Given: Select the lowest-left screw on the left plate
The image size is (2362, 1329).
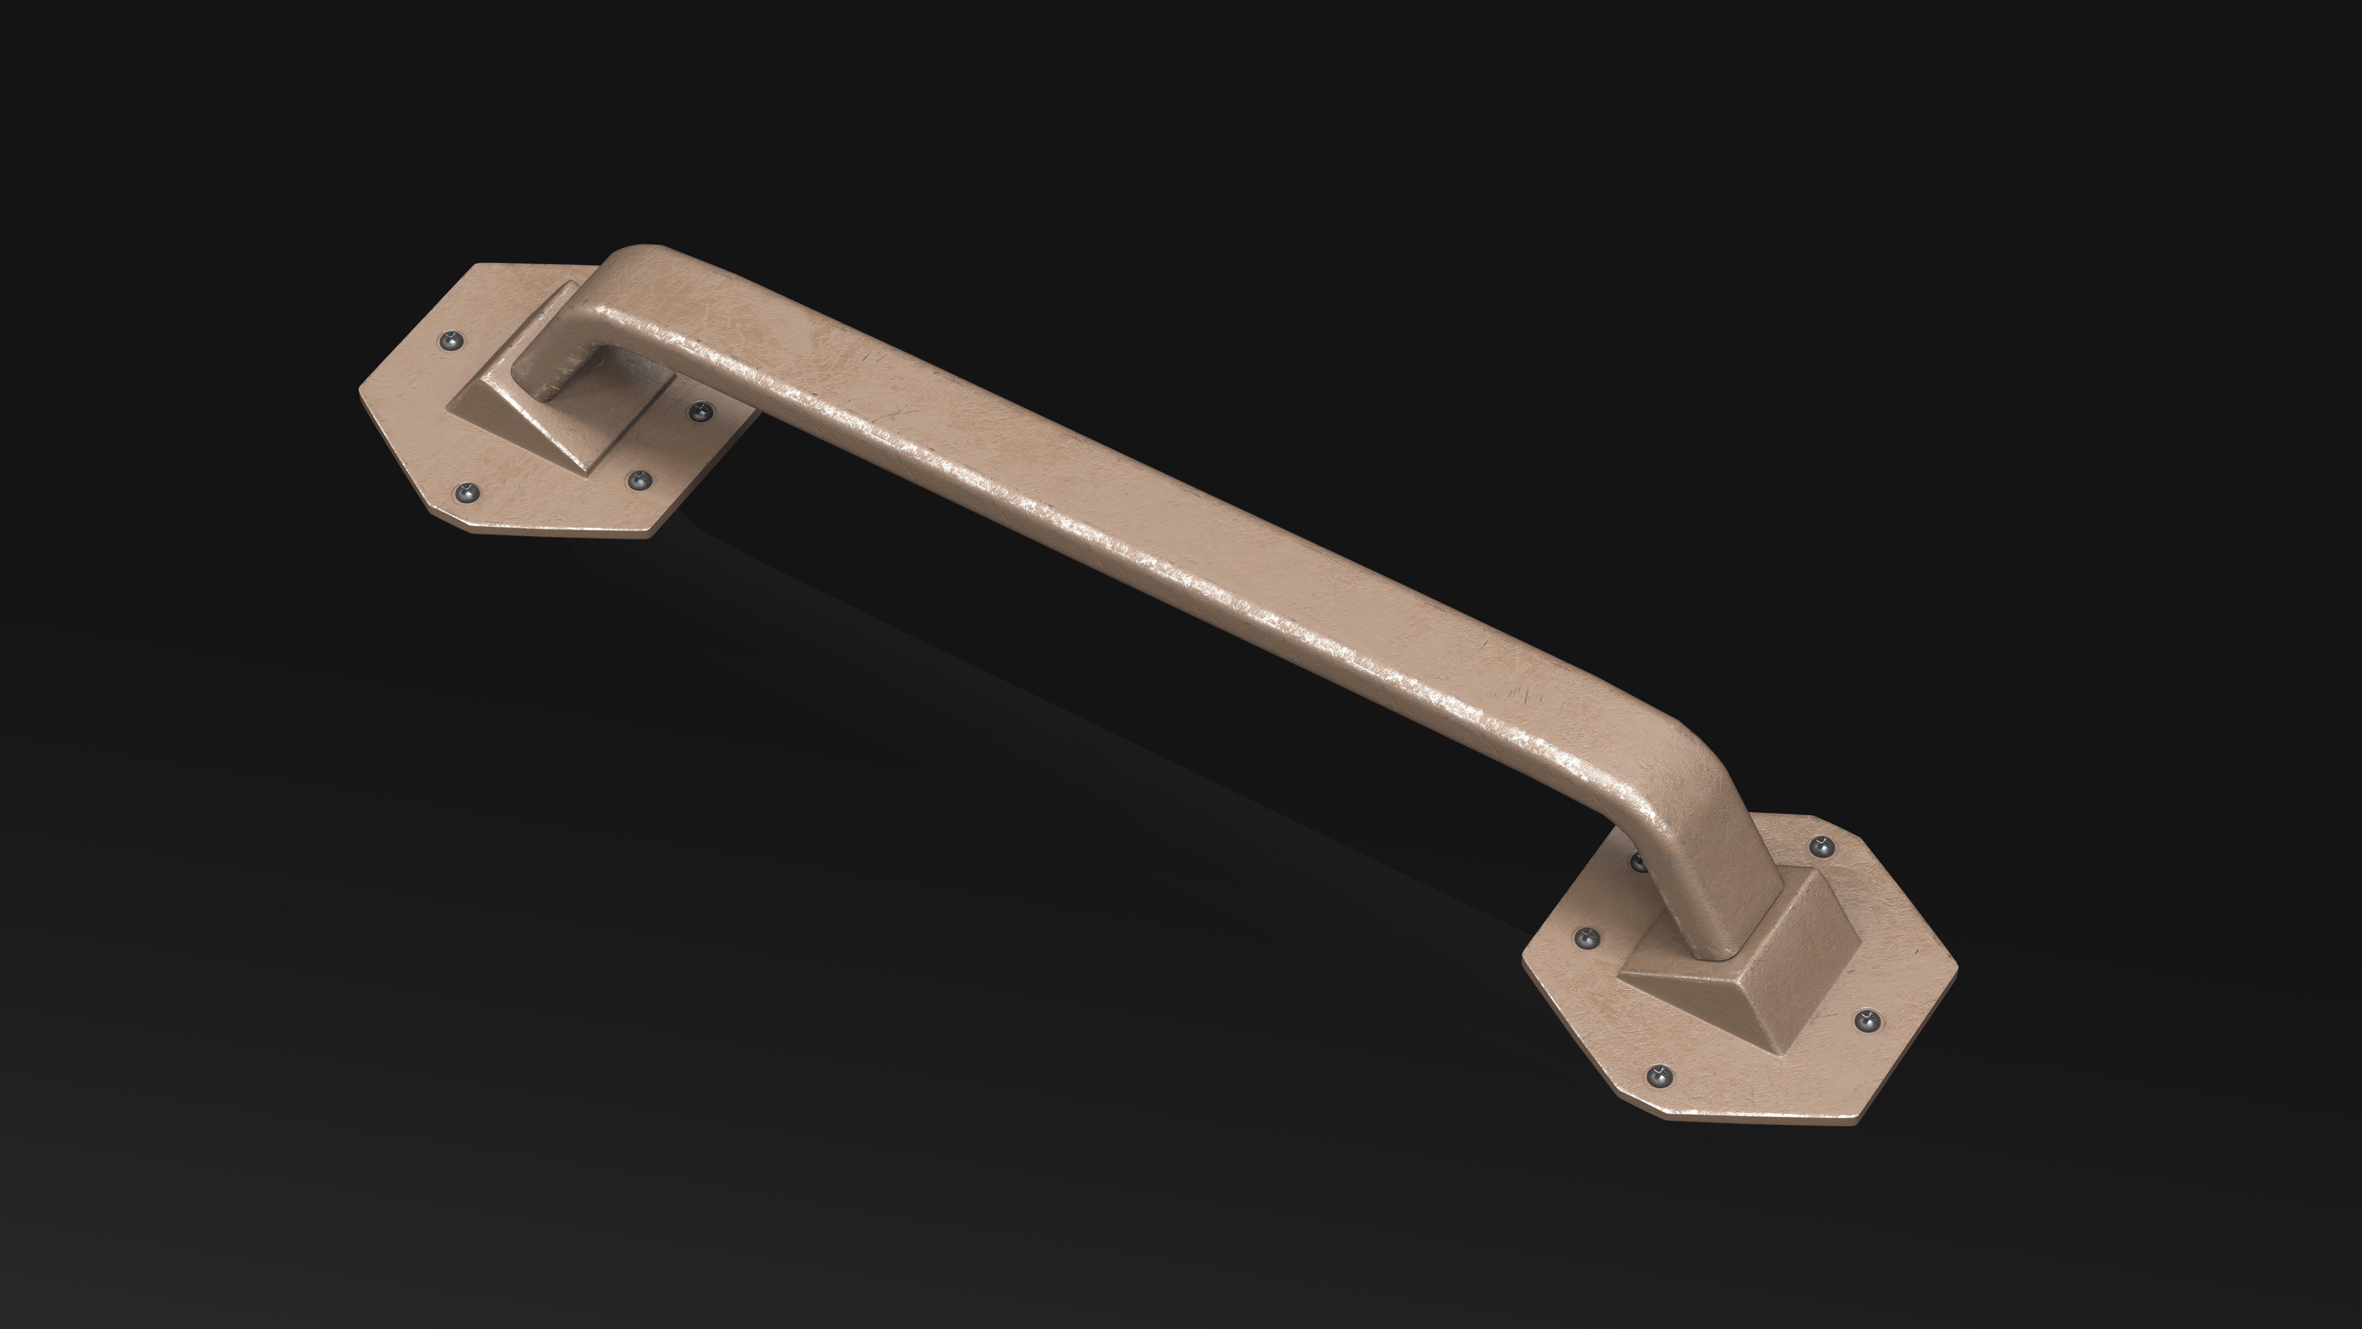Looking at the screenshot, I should click(x=468, y=493).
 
